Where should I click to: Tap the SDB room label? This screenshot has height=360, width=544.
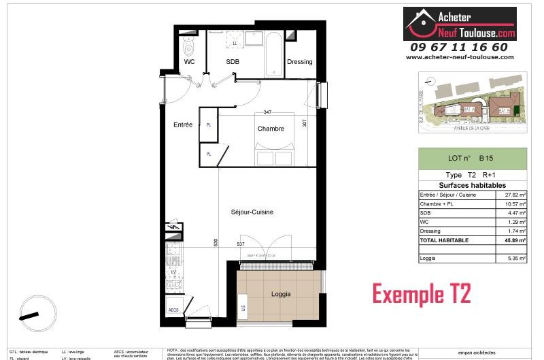pyautogui.click(x=233, y=62)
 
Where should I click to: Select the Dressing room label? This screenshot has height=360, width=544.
pyautogui.click(x=299, y=62)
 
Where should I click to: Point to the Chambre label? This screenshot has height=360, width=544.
pyautogui.click(x=270, y=129)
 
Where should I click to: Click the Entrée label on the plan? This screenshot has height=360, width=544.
pyautogui.click(x=183, y=125)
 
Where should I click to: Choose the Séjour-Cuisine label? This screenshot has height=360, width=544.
pyautogui.click(x=251, y=212)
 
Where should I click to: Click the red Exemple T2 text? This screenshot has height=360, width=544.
pyautogui.click(x=421, y=294)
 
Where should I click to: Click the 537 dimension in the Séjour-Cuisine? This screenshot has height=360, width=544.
pyautogui.click(x=241, y=244)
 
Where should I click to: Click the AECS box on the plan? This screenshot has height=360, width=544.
pyautogui.click(x=173, y=310)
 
